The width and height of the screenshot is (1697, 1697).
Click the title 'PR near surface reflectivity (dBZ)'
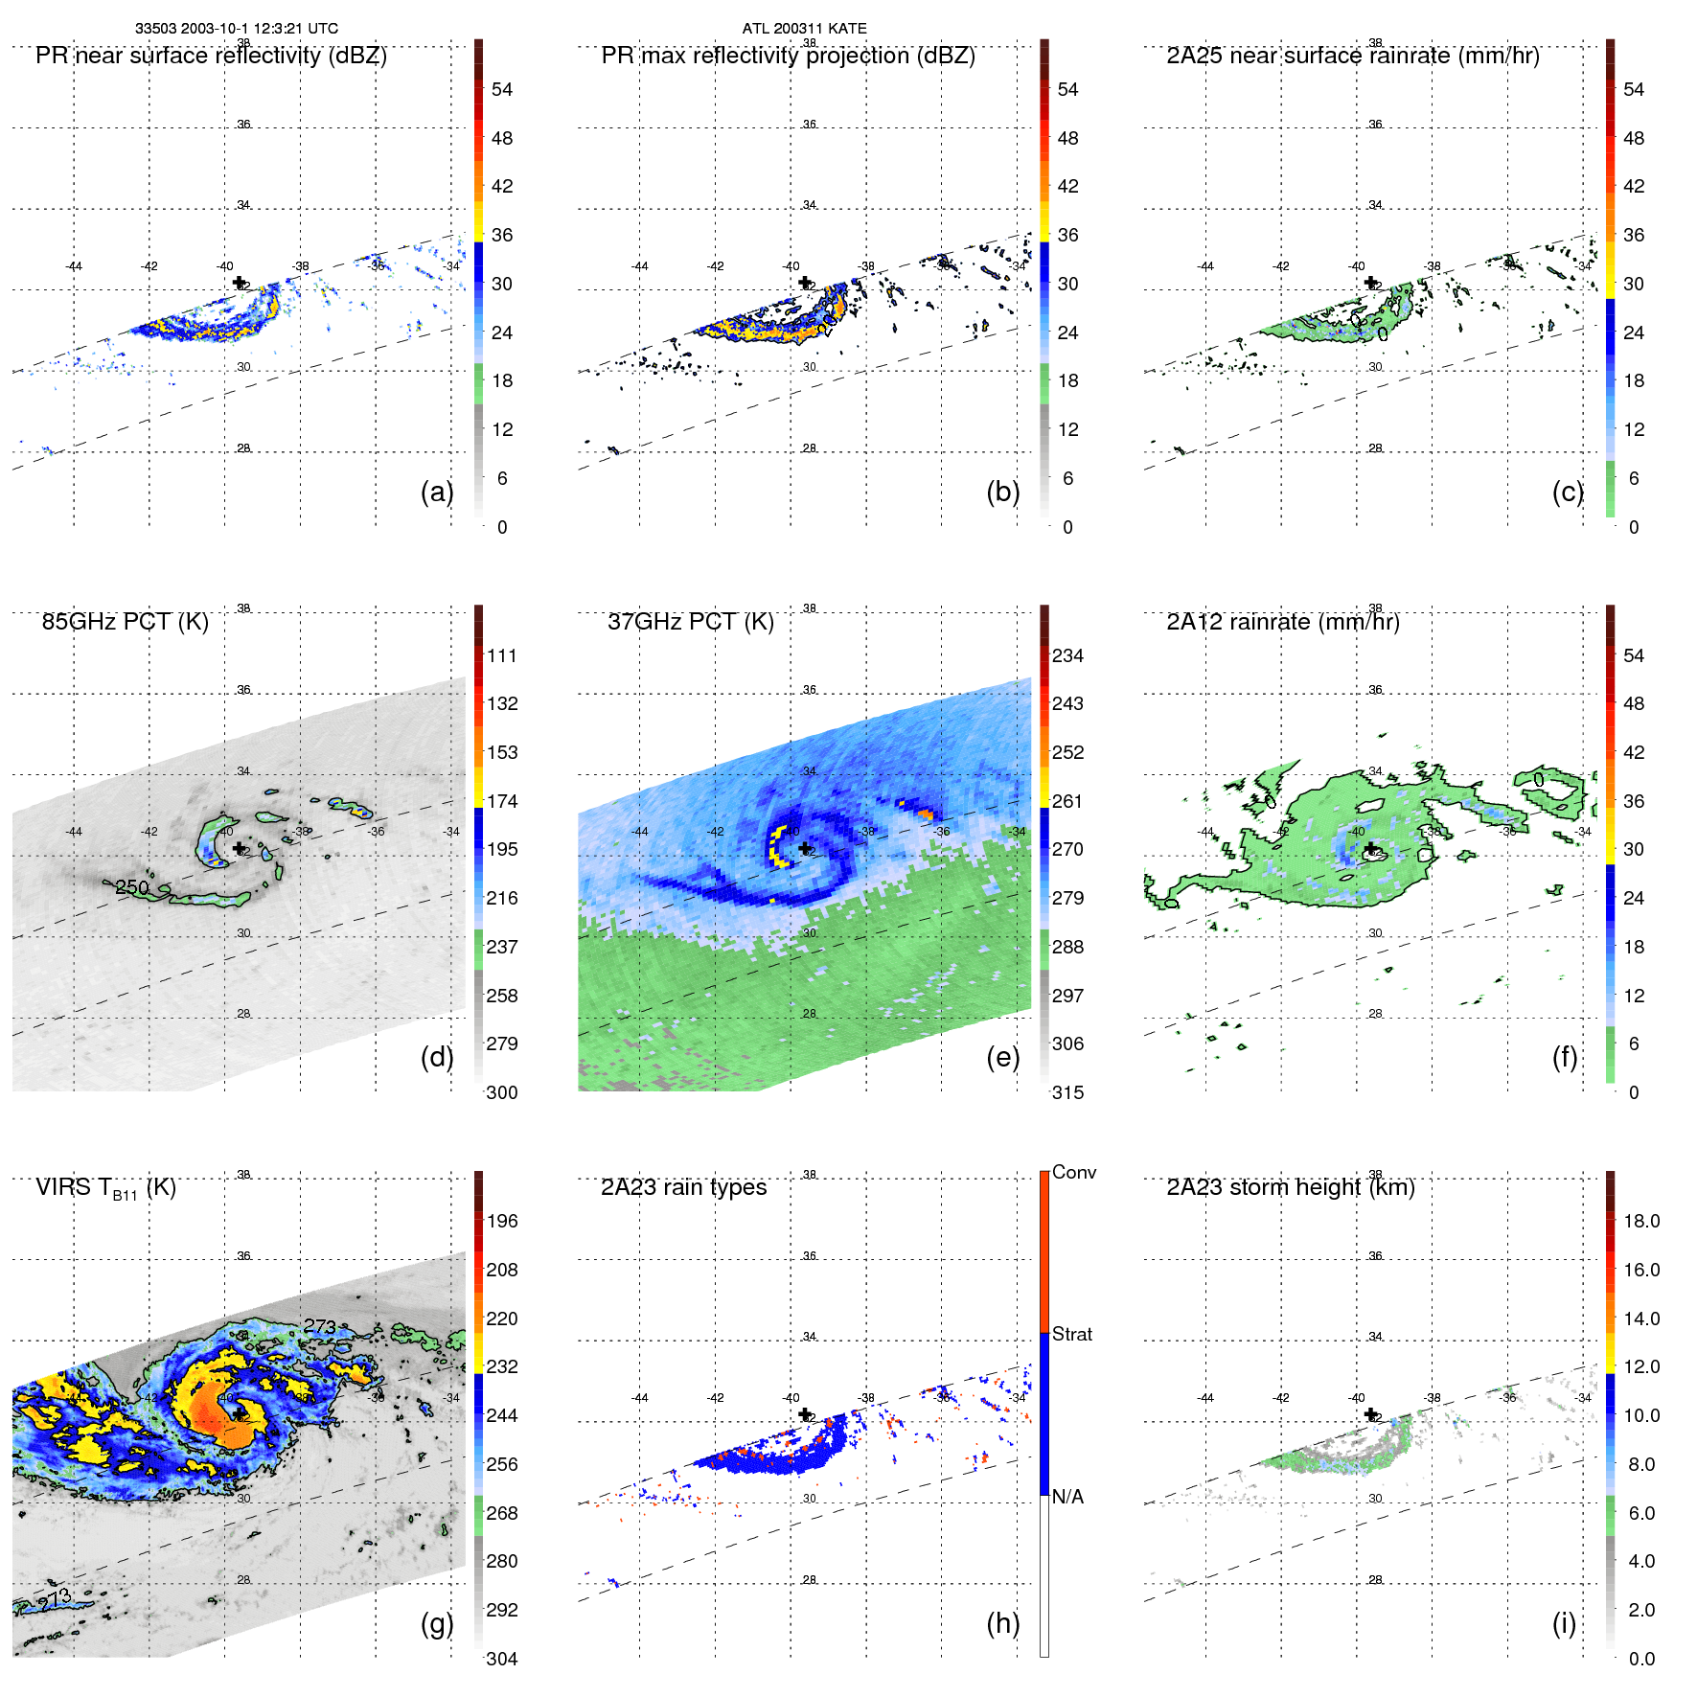click(211, 56)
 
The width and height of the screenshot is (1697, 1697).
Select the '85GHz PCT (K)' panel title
click(125, 622)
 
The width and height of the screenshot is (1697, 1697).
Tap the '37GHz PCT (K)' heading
click(690, 622)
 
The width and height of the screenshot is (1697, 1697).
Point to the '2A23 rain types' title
click(683, 1187)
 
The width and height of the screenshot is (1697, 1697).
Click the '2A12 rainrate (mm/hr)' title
click(1282, 622)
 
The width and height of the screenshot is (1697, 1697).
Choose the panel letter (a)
click(437, 492)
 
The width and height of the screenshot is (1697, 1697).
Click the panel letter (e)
click(1002, 1057)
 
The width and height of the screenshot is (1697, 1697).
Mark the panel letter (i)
click(1564, 1623)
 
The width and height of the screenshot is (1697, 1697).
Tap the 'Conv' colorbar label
click(1073, 1172)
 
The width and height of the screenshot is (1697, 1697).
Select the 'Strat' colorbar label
click(1071, 1334)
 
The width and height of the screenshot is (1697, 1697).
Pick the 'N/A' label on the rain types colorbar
click(1067, 1497)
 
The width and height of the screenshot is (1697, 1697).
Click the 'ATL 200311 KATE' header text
click(804, 29)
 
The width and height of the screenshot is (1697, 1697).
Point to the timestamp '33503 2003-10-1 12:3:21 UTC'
click(236, 29)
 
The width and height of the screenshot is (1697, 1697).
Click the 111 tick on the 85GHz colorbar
click(502, 655)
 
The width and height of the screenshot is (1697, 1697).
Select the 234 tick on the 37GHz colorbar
click(1067, 655)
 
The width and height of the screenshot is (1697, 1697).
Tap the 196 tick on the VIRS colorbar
click(502, 1221)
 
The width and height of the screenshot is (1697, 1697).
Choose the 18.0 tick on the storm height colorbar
click(1640, 1221)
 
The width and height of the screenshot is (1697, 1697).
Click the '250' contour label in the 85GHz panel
click(132, 887)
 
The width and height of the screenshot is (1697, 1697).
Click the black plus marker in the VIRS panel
click(239, 1413)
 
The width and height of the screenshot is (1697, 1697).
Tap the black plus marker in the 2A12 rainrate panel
click(1371, 848)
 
